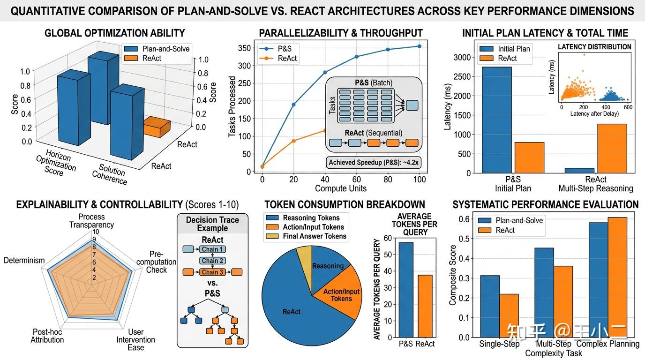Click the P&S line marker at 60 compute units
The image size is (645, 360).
click(x=357, y=57)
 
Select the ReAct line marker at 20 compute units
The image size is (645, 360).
click(x=294, y=141)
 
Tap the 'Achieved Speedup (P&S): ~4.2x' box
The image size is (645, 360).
click(x=373, y=163)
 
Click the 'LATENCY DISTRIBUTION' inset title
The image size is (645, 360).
click(x=594, y=47)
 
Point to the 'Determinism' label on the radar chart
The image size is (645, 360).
click(x=24, y=260)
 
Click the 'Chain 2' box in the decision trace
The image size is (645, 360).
click(x=212, y=261)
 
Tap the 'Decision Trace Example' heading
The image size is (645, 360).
click(x=212, y=224)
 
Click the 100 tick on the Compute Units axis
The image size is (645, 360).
click(x=419, y=180)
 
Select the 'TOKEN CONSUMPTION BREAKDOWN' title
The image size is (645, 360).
click(x=345, y=204)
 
